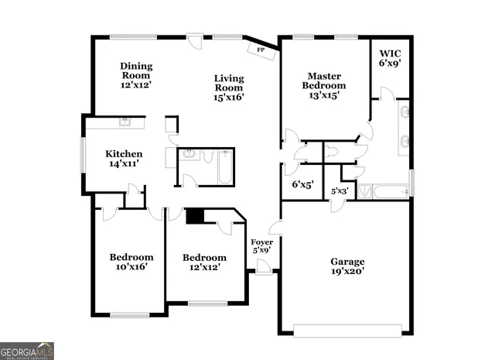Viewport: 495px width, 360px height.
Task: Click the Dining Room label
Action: (x=136, y=75)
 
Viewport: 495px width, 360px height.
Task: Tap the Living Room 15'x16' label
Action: (x=229, y=87)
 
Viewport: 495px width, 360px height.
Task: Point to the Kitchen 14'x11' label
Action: (x=124, y=159)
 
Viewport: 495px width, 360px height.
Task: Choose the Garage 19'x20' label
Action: (x=346, y=266)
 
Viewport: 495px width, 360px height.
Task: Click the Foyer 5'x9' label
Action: (x=261, y=245)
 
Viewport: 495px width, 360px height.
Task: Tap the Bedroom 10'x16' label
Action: (x=131, y=262)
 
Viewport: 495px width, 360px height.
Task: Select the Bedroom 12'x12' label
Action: (x=204, y=262)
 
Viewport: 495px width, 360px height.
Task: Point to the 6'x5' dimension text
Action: (x=302, y=184)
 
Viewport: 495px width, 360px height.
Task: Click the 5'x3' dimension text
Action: (x=340, y=190)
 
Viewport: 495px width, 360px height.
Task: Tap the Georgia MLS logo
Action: (x=27, y=351)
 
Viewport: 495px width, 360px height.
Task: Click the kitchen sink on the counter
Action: (x=124, y=122)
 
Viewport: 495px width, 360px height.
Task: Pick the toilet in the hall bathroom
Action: (x=207, y=156)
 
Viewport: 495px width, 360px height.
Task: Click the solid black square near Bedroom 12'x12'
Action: (x=196, y=216)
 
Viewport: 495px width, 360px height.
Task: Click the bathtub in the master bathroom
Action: (x=385, y=190)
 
